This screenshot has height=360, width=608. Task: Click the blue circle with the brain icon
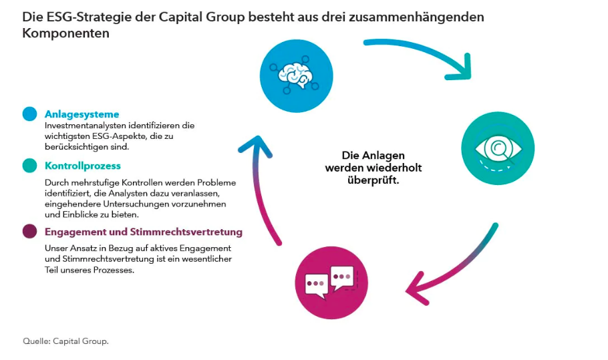click(296, 76)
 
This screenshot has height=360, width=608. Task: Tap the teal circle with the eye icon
click(498, 148)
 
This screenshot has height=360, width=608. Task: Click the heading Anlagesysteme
click(82, 114)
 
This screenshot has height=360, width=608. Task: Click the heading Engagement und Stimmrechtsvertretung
click(143, 232)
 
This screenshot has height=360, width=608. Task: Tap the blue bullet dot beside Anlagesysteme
click(29, 114)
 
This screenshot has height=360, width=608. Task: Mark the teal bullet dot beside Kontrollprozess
click(29, 166)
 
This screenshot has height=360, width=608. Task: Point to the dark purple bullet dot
click(29, 232)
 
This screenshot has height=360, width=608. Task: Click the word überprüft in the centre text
click(373, 180)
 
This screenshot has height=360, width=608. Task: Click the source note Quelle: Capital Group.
click(65, 341)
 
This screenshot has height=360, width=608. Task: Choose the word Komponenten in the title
click(65, 33)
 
